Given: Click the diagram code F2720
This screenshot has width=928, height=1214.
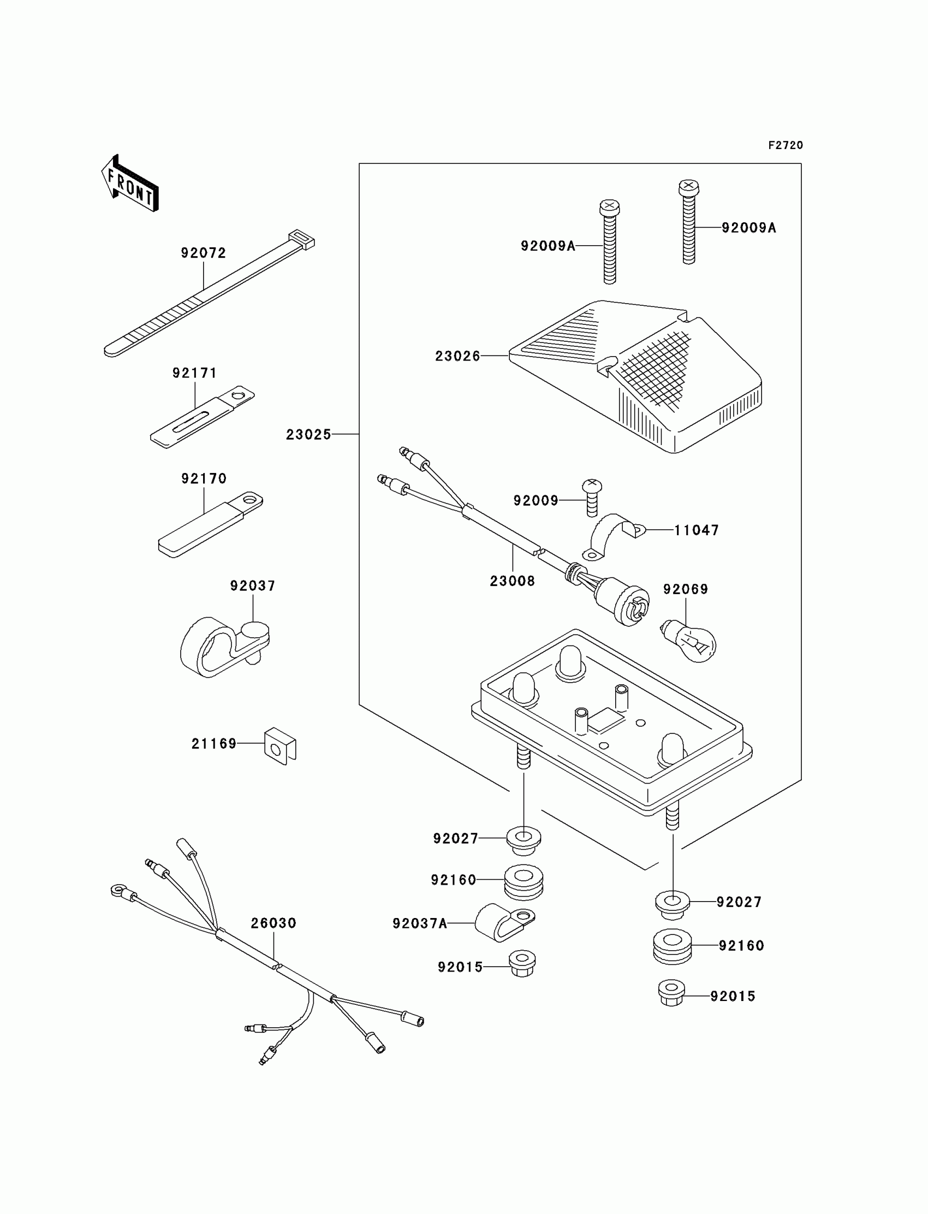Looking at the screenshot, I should click(x=785, y=145).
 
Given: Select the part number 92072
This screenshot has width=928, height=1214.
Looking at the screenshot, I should click(x=203, y=253).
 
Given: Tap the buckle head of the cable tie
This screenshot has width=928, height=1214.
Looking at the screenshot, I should click(x=301, y=239).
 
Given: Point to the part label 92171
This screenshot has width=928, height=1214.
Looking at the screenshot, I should click(x=194, y=374).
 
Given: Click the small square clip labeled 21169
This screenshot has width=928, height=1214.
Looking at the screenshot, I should click(x=280, y=747).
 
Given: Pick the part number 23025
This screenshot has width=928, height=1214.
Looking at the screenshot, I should click(x=308, y=435).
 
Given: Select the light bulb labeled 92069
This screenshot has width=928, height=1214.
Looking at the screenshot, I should click(x=691, y=642).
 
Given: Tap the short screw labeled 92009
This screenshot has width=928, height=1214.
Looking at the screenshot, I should click(x=592, y=498).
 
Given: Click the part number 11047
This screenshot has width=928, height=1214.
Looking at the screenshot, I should click(x=696, y=530).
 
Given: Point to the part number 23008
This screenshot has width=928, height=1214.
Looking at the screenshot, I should click(x=512, y=581).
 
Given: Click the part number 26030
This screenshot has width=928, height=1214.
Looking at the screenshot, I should click(x=273, y=923).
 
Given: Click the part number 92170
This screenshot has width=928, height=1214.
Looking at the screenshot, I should click(x=204, y=478).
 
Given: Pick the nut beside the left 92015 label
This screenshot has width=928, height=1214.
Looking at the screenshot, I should click(x=522, y=964).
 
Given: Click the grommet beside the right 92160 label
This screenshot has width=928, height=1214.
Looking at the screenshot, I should click(x=672, y=946).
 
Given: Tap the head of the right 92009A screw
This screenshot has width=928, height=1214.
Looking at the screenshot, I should click(x=688, y=187).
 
